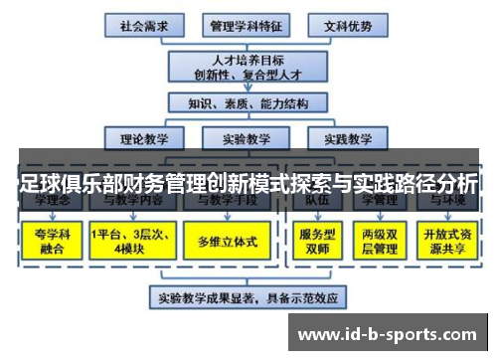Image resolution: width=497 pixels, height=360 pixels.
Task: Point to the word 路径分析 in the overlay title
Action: click(432, 184)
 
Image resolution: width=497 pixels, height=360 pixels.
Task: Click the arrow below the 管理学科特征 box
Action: click(245, 39)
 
